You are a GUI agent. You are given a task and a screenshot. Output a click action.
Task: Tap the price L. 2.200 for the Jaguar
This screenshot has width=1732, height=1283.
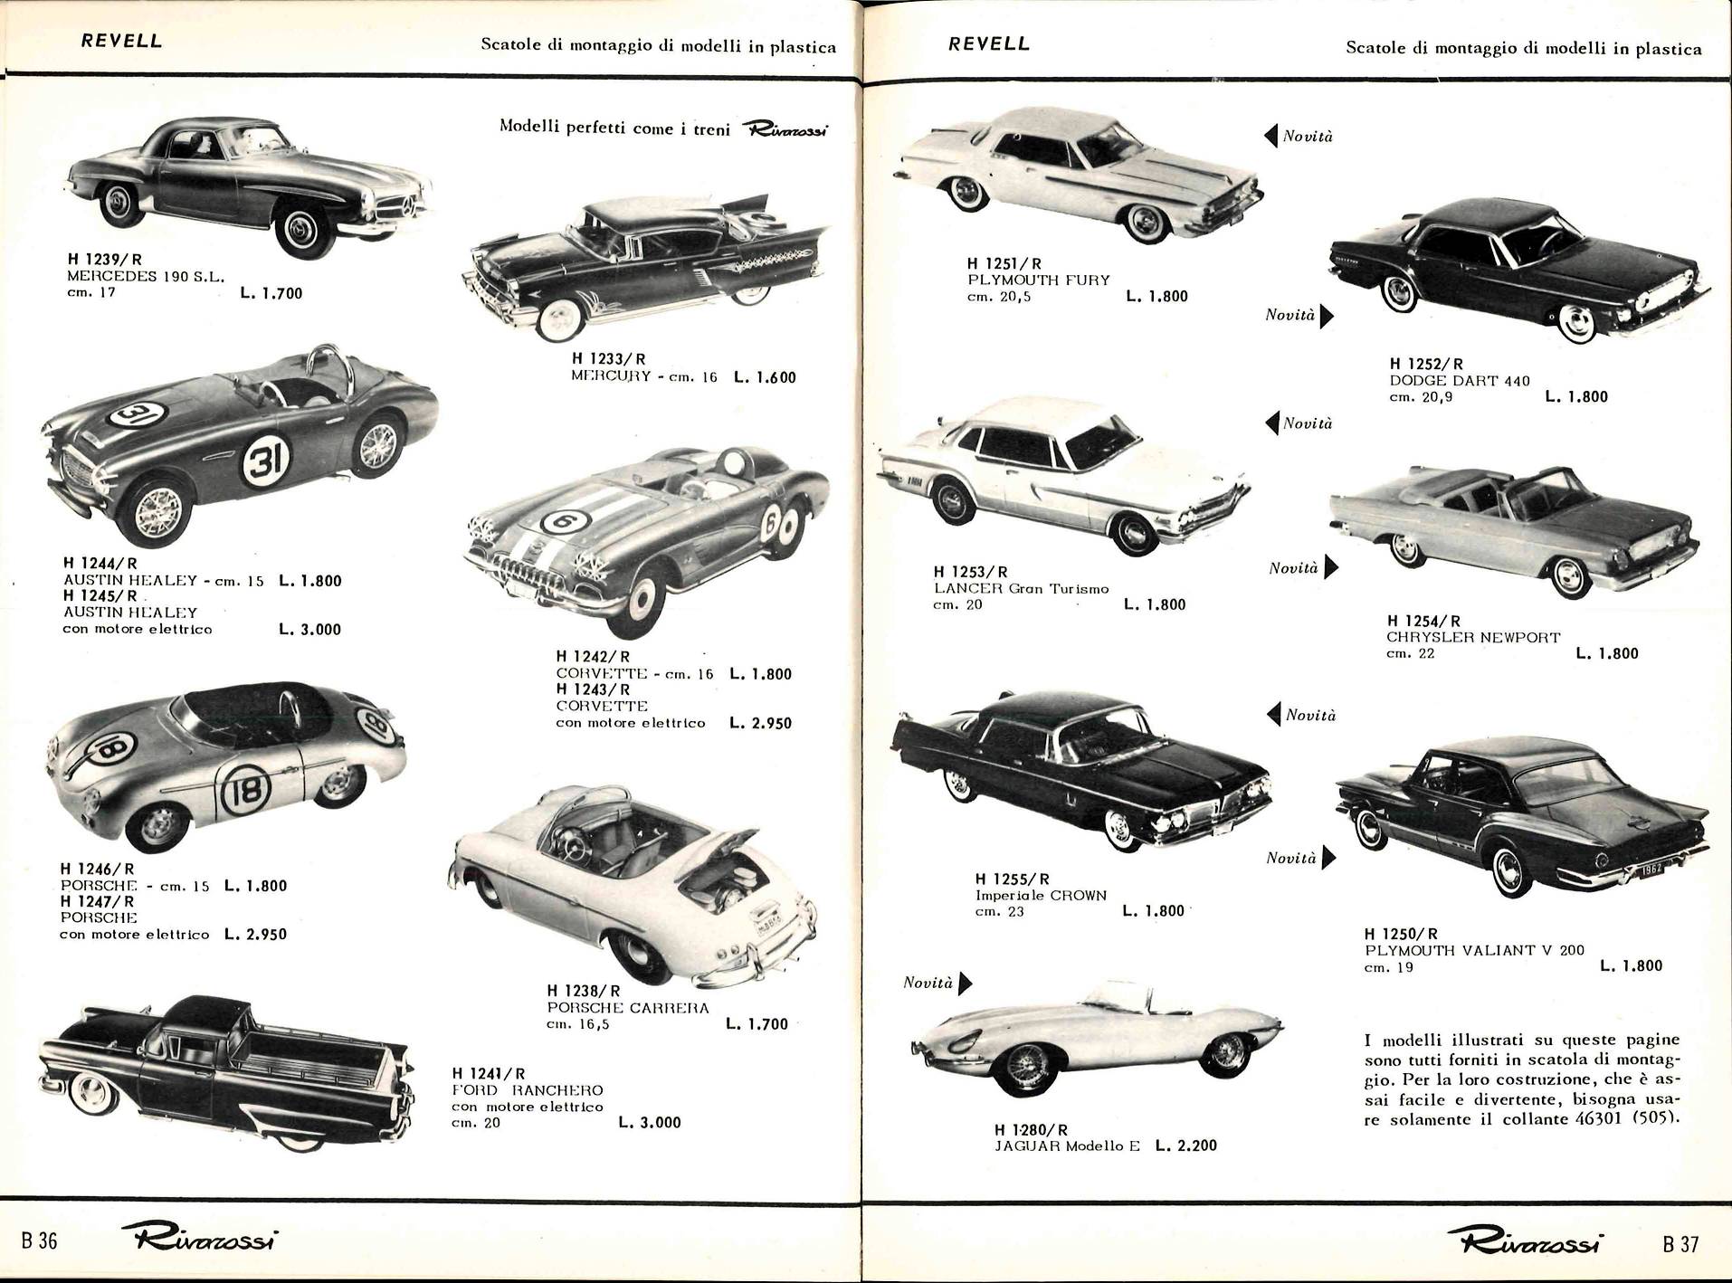1185,1145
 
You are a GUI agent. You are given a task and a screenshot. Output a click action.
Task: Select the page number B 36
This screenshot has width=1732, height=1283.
39,1241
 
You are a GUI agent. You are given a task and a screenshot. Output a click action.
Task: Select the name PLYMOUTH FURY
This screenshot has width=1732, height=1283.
1038,280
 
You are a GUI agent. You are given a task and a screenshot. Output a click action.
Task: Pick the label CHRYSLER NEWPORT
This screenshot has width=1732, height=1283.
1473,637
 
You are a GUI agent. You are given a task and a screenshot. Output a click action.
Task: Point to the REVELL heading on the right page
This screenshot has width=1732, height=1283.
988,43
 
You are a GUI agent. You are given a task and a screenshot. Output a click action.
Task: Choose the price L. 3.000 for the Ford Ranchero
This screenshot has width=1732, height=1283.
650,1122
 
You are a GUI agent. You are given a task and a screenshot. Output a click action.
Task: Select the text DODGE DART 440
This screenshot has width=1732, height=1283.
1460,381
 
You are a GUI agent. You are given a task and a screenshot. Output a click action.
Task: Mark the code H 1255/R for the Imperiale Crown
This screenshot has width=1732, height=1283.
1012,879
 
